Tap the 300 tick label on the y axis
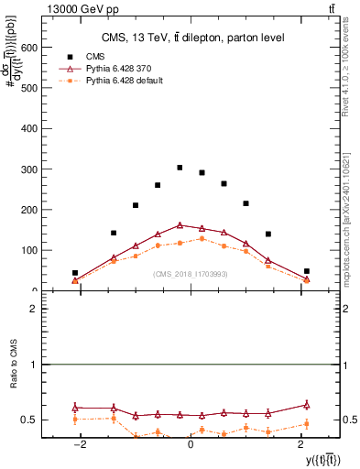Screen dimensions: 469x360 point(29,169)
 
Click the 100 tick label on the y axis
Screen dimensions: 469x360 point(29,250)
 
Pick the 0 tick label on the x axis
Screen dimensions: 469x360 point(191,445)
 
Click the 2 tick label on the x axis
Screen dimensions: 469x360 point(300,445)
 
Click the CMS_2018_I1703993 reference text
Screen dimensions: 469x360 point(191,274)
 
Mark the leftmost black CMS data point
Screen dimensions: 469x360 point(75,273)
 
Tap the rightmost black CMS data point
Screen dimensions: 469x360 point(307,271)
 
